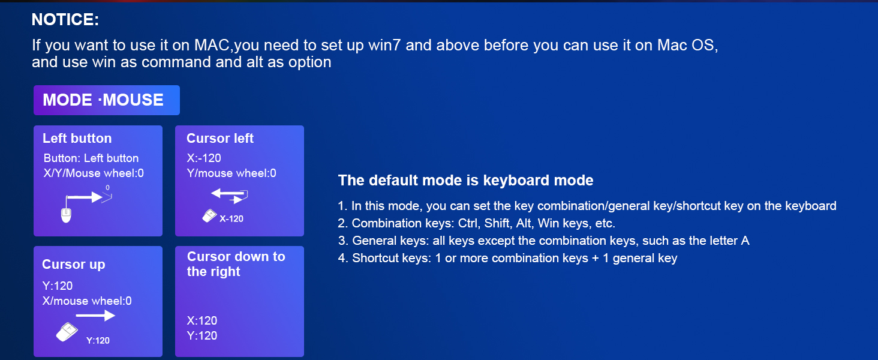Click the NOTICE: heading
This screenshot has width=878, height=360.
(x=65, y=20)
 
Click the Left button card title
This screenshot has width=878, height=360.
(x=77, y=139)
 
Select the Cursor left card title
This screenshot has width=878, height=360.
(x=220, y=139)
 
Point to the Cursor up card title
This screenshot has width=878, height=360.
(x=73, y=265)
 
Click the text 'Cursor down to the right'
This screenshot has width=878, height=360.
(x=236, y=264)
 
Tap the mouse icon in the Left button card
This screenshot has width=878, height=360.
(x=66, y=214)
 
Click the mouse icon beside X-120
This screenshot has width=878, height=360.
(x=209, y=216)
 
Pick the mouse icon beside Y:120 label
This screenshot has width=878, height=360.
(x=67, y=332)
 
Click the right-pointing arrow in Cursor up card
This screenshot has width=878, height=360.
(x=95, y=315)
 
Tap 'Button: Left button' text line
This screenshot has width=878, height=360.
(x=91, y=158)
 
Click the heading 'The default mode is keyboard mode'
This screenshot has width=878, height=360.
(x=465, y=181)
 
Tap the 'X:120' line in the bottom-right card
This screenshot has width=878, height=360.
(x=202, y=320)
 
